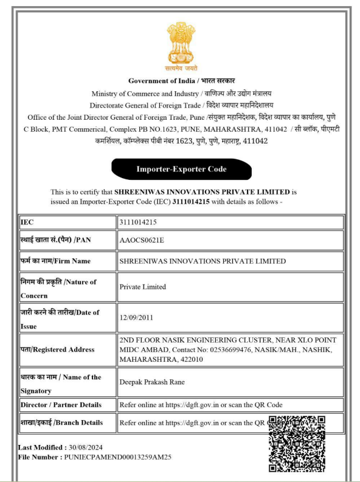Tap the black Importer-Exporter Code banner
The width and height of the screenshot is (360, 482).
[181, 170]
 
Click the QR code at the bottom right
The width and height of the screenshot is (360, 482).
[296, 443]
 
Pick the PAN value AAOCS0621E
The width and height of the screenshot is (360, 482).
[142, 239]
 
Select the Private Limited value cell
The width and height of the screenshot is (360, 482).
[143, 286]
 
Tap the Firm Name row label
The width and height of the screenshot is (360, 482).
[56, 261]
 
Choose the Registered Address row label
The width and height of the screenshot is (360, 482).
[57, 349]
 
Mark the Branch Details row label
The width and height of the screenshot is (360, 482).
[61, 422]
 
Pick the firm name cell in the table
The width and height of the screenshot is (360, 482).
[202, 261]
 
